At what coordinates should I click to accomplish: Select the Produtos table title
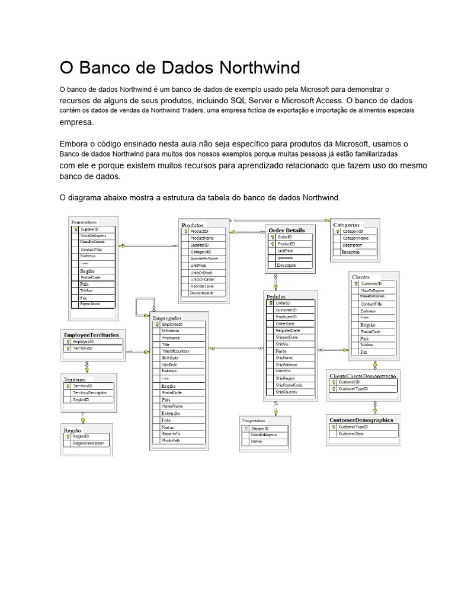(193, 225)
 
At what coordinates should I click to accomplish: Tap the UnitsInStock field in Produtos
(202, 272)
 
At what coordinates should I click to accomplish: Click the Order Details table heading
(287, 229)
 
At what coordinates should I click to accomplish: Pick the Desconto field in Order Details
(286, 266)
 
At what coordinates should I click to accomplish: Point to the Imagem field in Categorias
(350, 252)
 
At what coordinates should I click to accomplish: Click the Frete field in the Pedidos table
(281, 351)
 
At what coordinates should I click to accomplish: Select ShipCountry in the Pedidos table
(286, 392)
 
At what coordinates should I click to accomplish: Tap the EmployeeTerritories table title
(91, 335)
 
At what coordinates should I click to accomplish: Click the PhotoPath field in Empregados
(171, 440)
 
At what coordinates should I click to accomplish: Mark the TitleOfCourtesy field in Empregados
(175, 351)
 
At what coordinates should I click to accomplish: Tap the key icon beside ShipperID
(246, 428)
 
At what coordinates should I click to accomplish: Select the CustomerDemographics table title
(361, 420)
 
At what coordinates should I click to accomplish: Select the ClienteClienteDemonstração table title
(363, 375)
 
